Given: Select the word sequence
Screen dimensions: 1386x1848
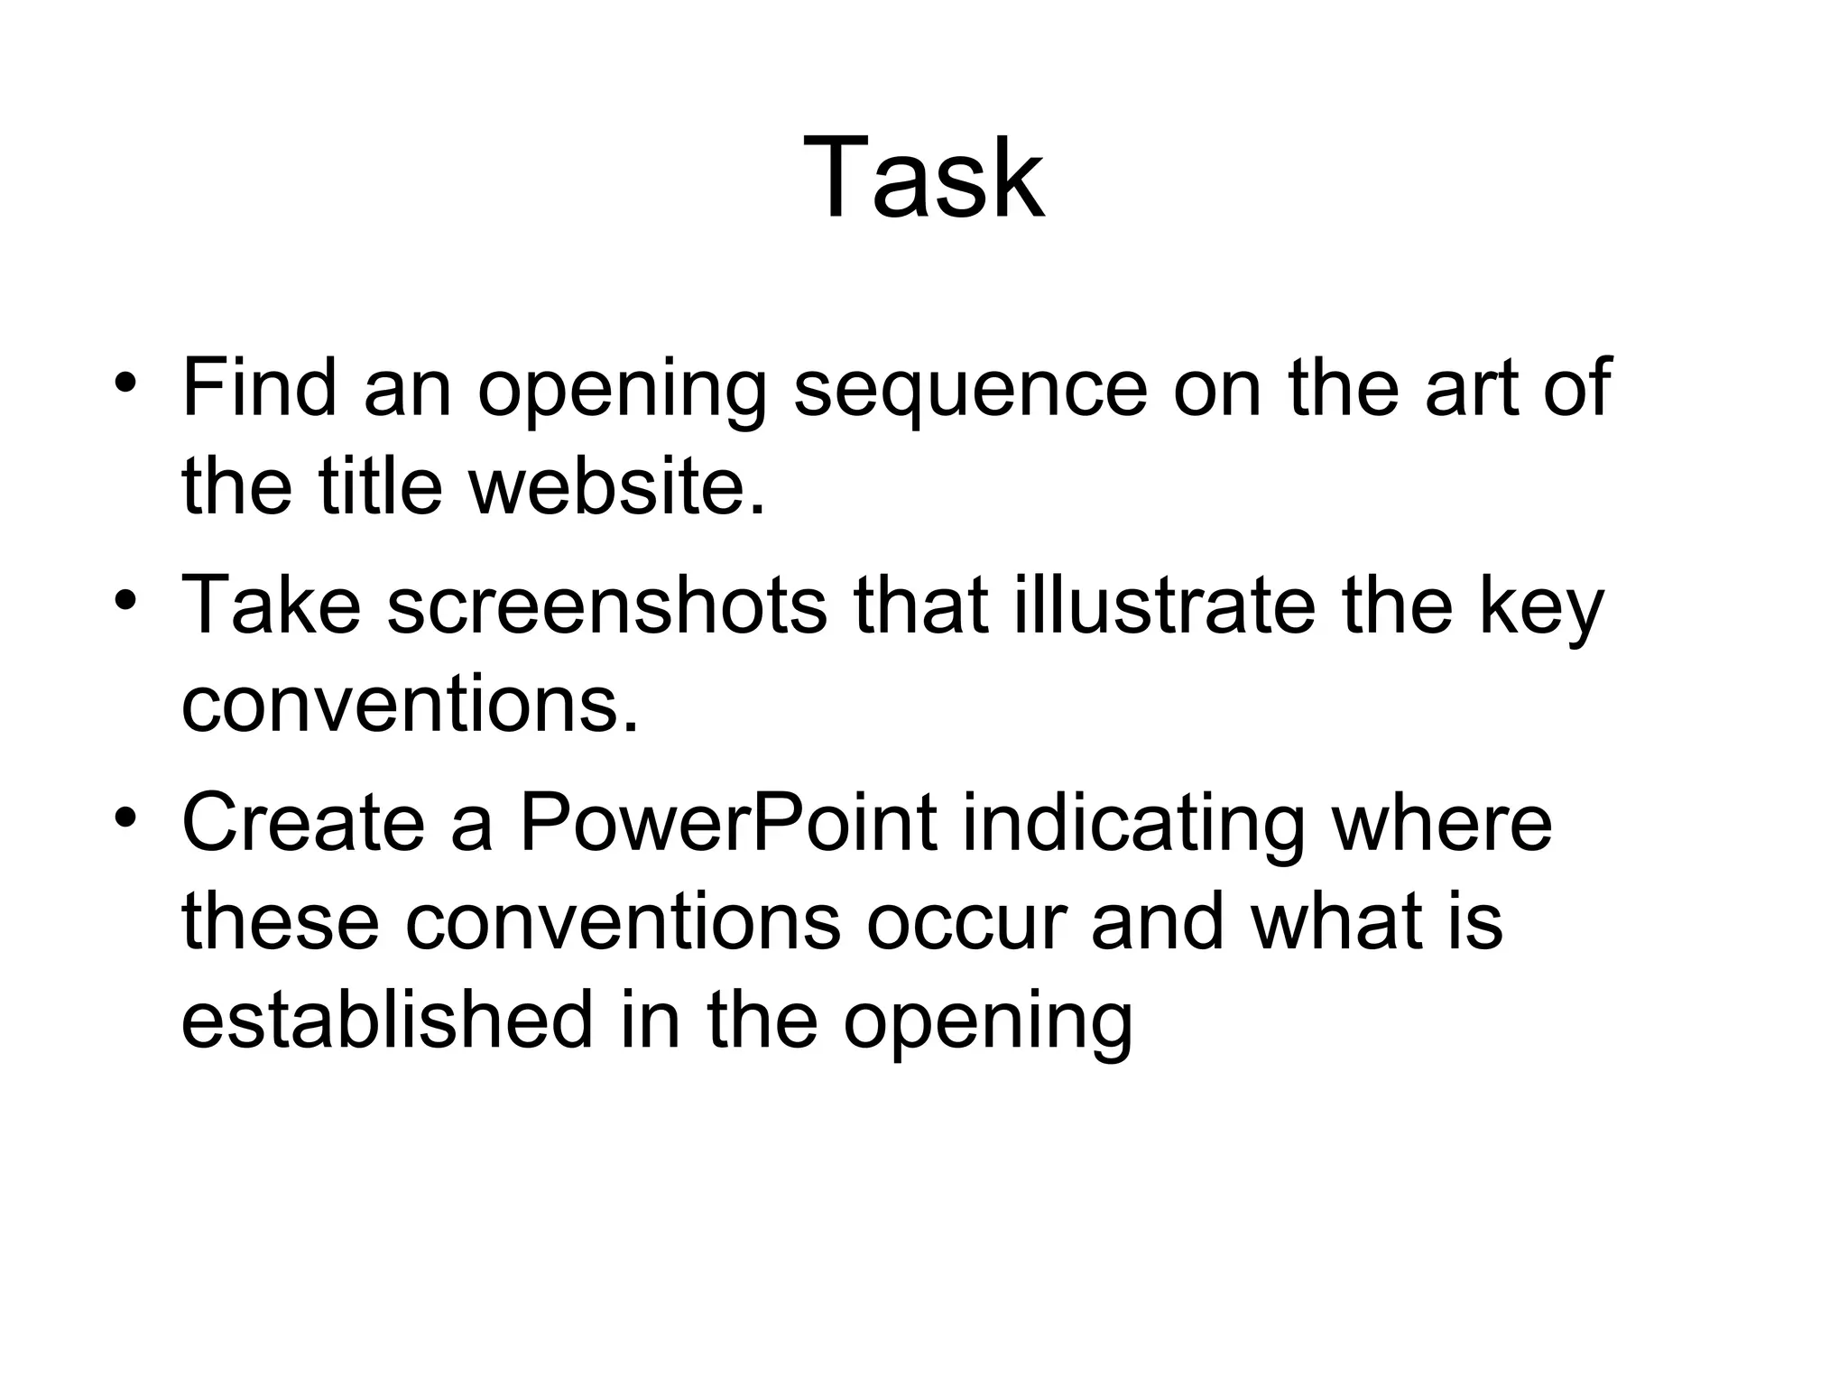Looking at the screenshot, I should click(970, 390).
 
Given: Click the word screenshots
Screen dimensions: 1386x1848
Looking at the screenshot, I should click(606, 606).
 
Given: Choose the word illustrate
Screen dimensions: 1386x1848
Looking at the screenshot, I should click(1164, 606).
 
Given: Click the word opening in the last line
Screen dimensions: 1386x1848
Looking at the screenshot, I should click(987, 1023).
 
